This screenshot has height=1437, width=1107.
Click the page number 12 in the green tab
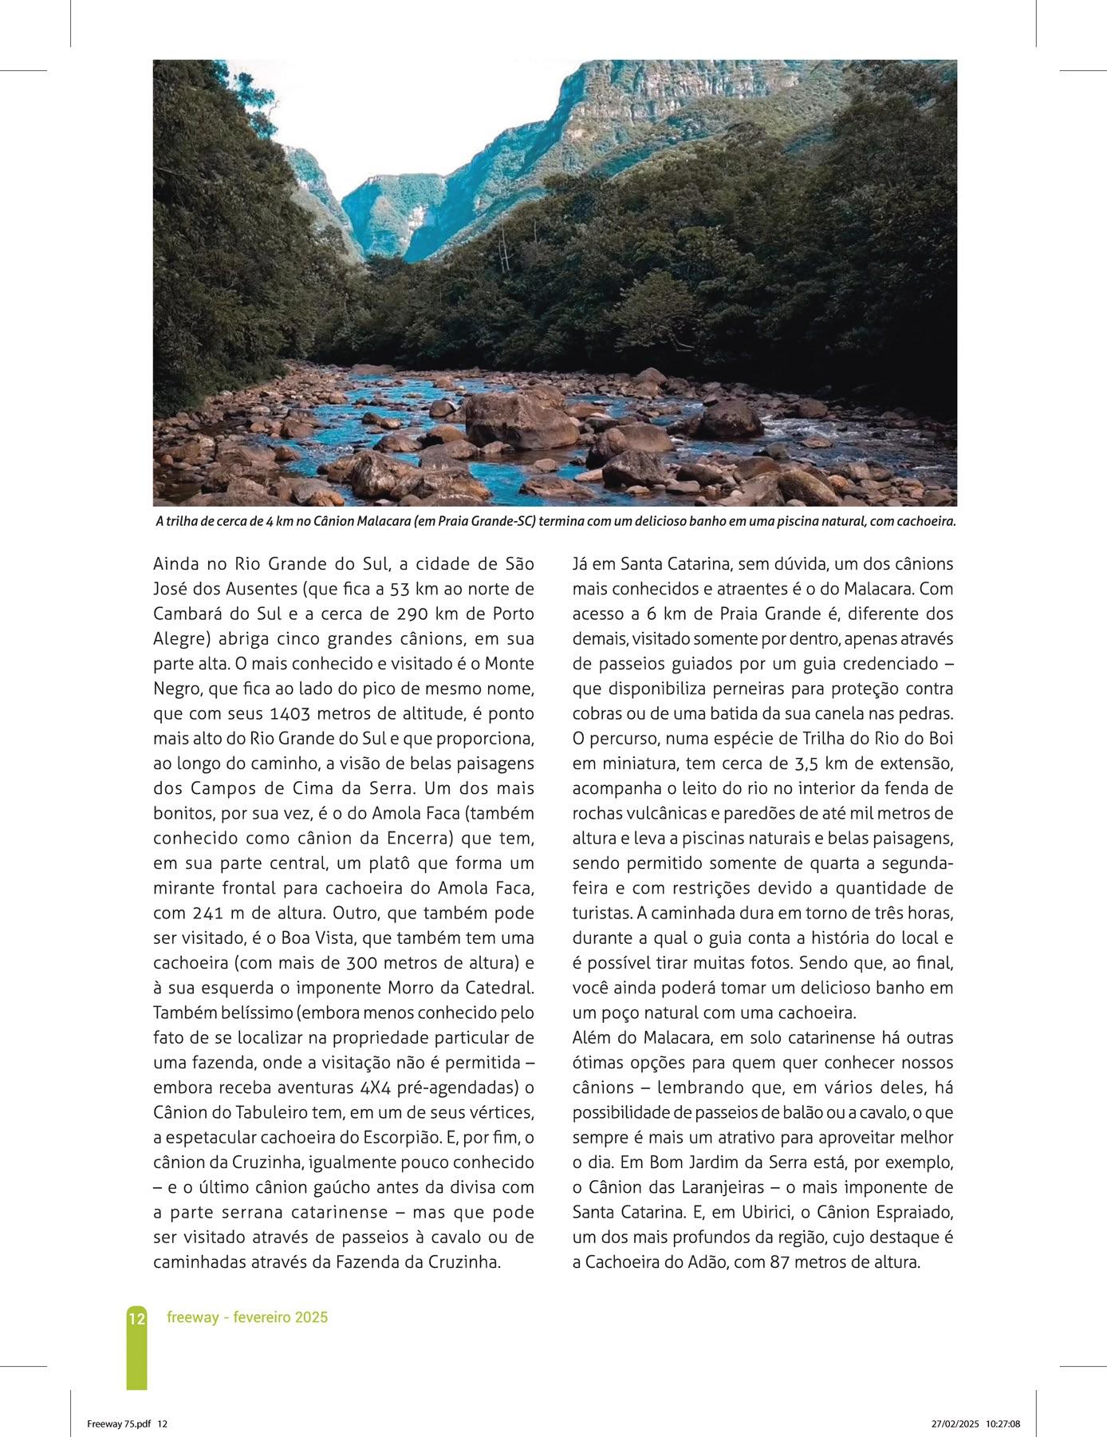[136, 1318]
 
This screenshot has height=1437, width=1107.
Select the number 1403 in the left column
[297, 713]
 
